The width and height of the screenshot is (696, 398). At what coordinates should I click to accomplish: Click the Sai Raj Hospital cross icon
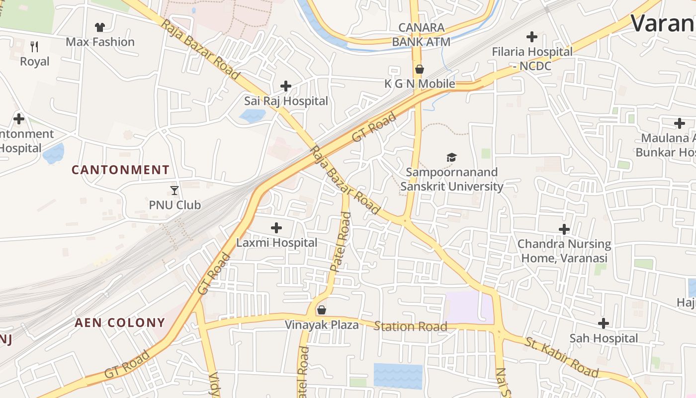coord(286,86)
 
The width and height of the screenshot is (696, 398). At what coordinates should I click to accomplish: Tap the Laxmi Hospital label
coord(276,243)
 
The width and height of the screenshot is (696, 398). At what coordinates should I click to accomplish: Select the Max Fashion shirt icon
coord(100,27)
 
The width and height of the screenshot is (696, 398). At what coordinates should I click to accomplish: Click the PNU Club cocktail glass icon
coord(174,190)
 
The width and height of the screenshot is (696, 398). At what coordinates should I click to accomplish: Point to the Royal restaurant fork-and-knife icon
coord(34,47)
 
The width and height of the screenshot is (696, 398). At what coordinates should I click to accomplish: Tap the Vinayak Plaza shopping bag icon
coord(322,310)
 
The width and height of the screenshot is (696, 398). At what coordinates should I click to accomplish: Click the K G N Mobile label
coord(420,84)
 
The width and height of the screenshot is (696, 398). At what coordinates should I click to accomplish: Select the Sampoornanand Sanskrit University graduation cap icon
coord(451,158)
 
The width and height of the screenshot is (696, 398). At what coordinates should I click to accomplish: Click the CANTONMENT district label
coord(120,170)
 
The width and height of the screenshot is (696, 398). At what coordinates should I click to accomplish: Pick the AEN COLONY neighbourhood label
coord(120,322)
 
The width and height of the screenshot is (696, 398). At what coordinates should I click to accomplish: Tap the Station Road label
coord(410,326)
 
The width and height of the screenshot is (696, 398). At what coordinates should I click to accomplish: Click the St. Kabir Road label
coord(562,357)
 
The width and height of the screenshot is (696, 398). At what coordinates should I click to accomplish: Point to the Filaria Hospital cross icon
coord(532,37)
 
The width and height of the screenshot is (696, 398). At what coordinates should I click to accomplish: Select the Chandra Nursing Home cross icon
coord(564,229)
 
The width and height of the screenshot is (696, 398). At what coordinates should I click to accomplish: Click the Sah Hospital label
coord(604,338)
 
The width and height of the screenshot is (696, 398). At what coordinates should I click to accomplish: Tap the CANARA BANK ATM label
coord(421,34)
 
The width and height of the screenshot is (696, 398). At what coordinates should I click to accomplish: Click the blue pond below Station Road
coord(398,376)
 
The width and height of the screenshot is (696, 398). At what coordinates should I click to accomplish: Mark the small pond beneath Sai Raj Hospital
coord(252,116)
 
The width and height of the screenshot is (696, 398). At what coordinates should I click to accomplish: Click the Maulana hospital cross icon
coord(680,123)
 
